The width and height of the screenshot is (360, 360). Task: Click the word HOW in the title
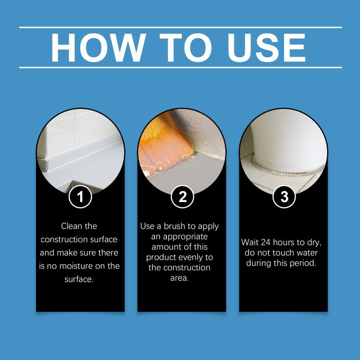click(98, 48)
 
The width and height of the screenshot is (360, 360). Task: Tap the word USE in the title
click(266, 48)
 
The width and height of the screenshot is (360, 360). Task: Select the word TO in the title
click(185, 48)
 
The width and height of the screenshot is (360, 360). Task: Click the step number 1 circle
click(81, 197)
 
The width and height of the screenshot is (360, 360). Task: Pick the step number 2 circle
click(183, 197)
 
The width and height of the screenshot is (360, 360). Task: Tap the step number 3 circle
click(284, 197)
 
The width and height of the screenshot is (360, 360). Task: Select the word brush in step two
click(175, 226)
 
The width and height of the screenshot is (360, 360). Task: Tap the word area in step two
click(180, 278)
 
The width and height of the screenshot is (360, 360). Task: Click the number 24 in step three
click(265, 243)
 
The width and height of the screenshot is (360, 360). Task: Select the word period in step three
click(303, 263)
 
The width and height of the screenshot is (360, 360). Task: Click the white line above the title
click(180, 27)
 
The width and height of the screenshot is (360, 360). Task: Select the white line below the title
click(180, 67)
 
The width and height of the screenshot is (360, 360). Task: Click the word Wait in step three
click(250, 243)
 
